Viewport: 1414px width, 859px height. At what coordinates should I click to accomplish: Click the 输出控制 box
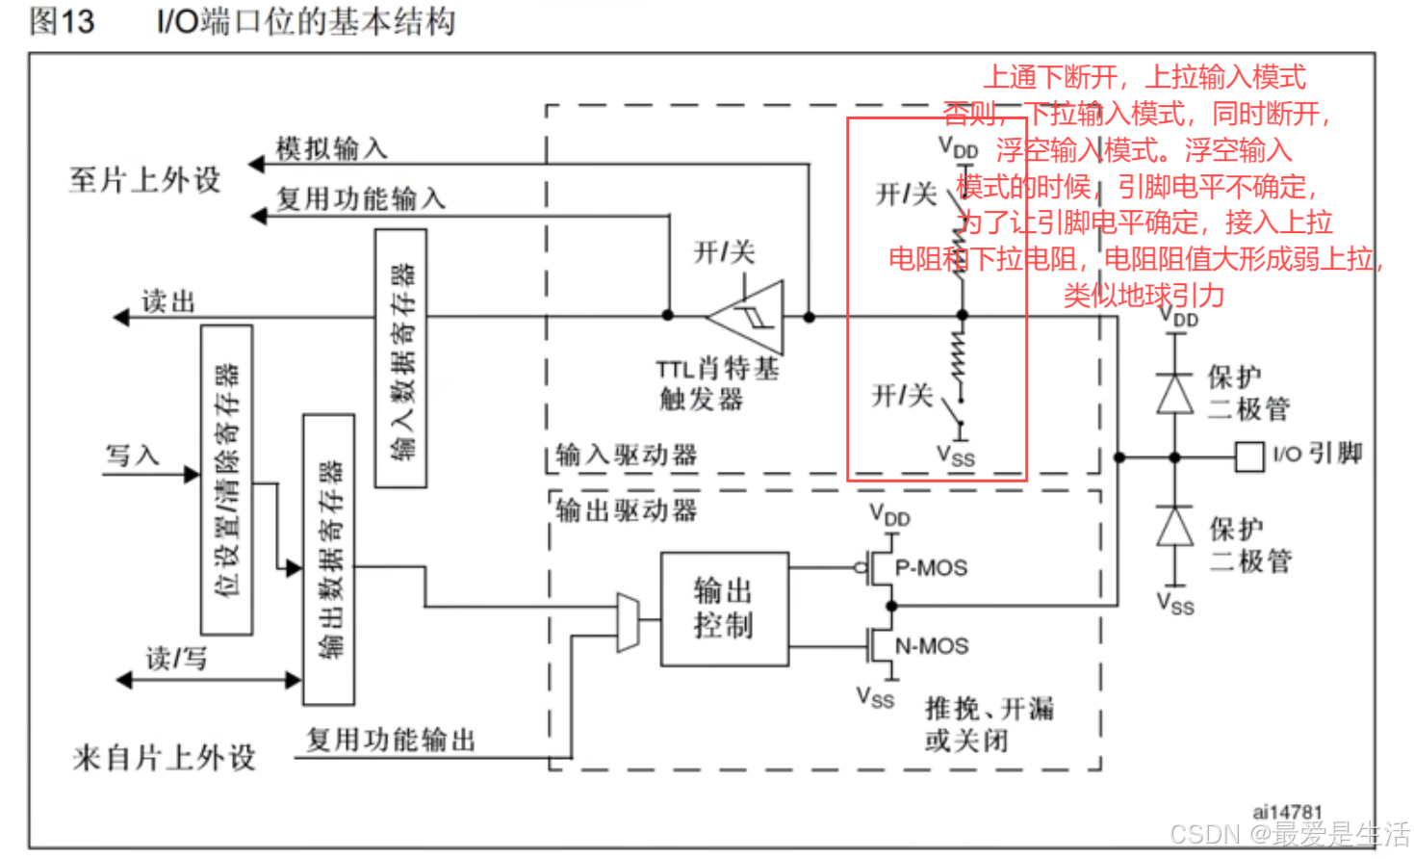(x=724, y=609)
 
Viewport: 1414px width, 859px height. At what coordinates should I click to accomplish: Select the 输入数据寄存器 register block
(x=400, y=358)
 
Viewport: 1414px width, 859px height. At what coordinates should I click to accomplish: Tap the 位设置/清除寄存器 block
(x=227, y=480)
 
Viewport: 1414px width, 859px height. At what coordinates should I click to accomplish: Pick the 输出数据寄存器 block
(x=328, y=559)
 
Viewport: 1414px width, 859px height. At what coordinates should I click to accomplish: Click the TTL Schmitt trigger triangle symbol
(x=750, y=317)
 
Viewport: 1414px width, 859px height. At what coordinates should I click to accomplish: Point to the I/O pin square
(x=1248, y=456)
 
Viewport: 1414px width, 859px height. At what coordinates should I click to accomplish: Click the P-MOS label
(x=931, y=568)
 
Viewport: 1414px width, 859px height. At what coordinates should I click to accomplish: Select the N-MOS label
(x=931, y=646)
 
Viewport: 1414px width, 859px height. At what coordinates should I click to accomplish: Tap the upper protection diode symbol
(x=1174, y=393)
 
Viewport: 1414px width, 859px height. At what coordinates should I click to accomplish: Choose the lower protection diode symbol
(x=1174, y=526)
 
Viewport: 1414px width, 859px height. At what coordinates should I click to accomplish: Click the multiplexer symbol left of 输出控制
(x=628, y=622)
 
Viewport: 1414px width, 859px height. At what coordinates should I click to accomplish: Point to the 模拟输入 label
(x=331, y=148)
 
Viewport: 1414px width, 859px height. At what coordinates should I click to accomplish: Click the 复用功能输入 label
(x=360, y=198)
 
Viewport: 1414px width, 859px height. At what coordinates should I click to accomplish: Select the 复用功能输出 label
(x=391, y=740)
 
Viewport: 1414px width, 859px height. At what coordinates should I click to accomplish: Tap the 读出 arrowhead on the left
(x=121, y=317)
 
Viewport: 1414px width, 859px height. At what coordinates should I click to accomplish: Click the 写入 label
(x=132, y=455)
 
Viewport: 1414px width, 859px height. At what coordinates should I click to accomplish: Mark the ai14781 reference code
(x=1287, y=812)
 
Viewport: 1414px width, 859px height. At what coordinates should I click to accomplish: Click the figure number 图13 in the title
(x=62, y=21)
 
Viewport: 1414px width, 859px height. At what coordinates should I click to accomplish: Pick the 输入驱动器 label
(x=627, y=455)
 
